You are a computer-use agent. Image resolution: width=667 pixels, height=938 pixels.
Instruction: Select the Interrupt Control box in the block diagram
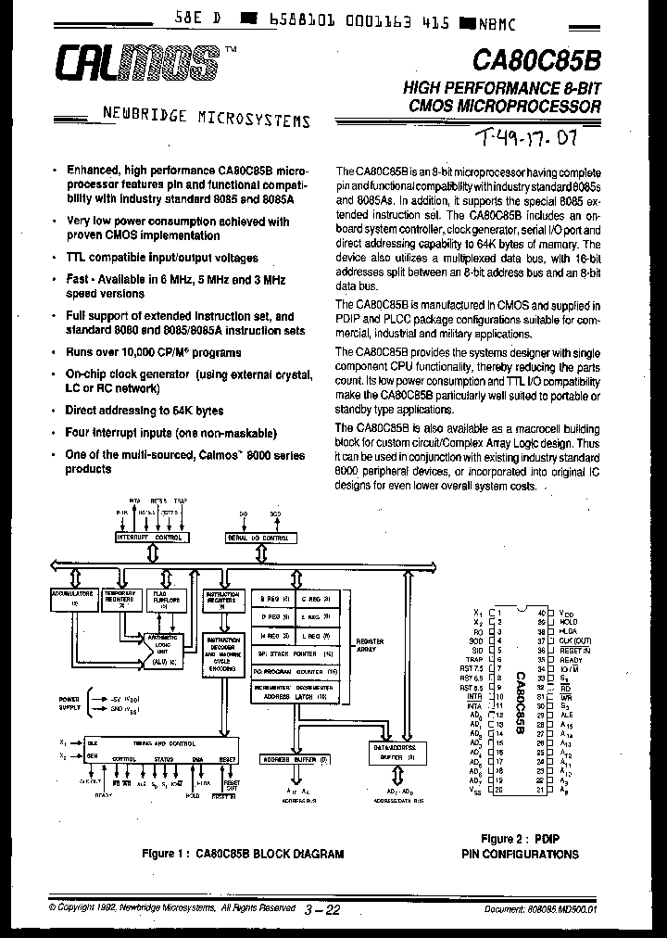pos(149,538)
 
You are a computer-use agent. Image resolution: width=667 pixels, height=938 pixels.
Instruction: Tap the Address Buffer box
pos(296,759)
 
